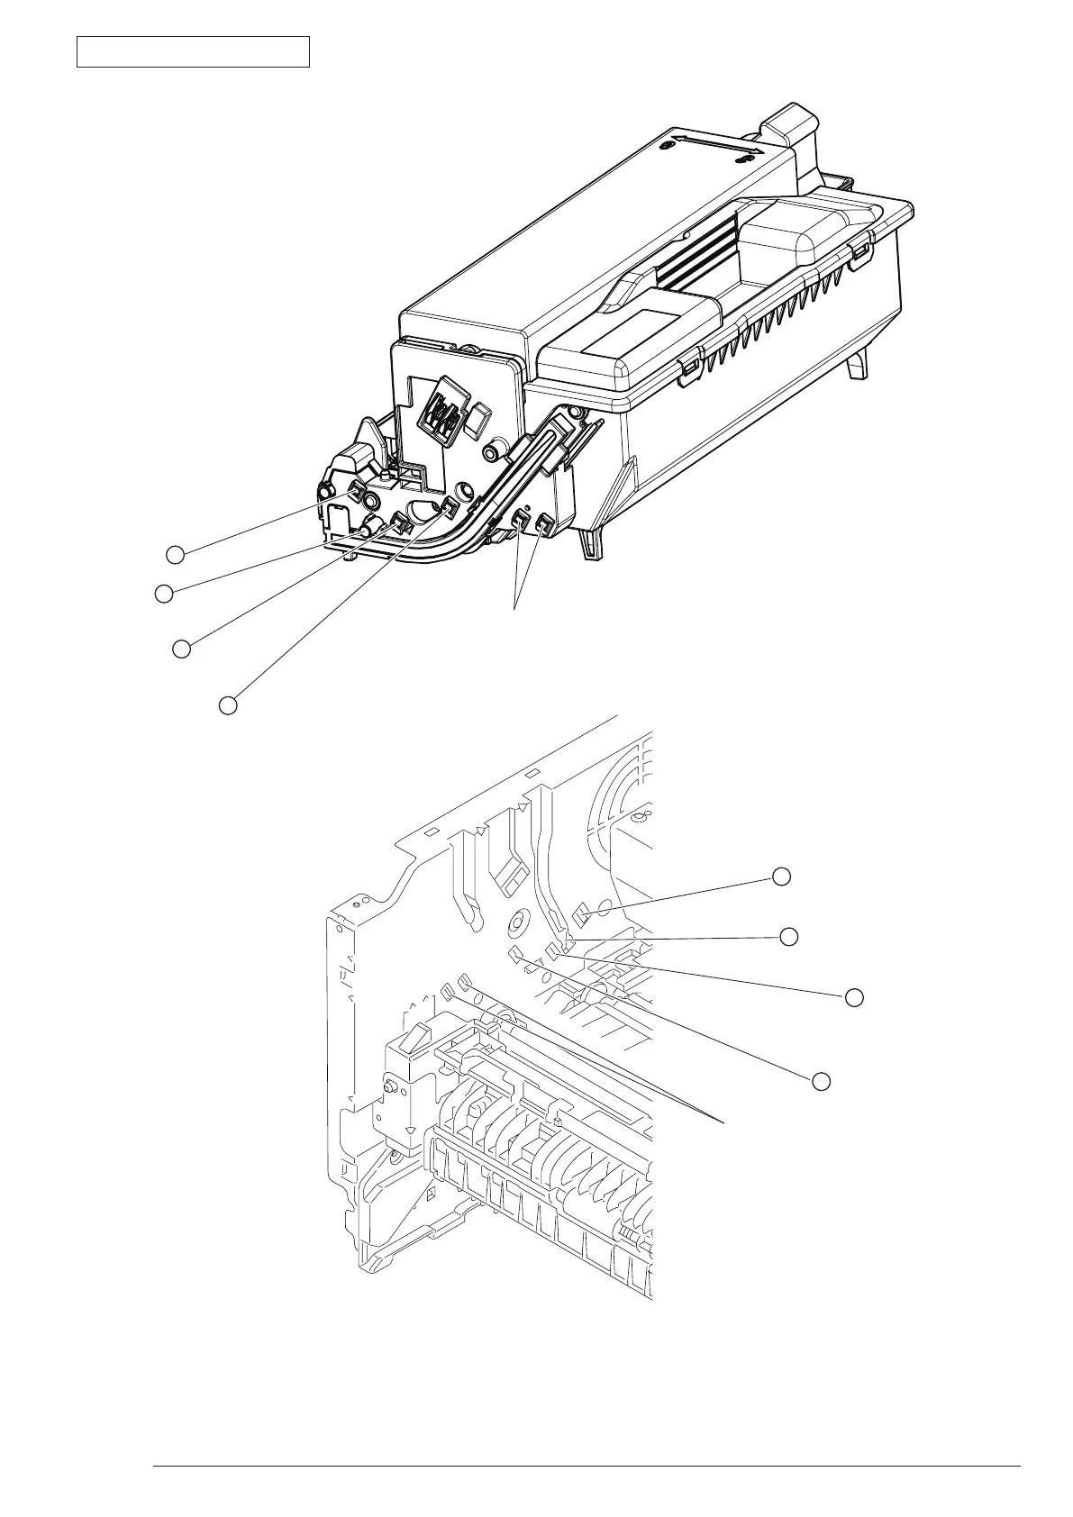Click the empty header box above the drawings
[x=193, y=51]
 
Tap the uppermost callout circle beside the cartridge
[x=176, y=554]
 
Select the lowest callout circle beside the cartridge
[x=229, y=705]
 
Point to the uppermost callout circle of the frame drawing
[x=782, y=876]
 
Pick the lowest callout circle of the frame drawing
[x=820, y=1080]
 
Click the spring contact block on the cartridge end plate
[x=444, y=416]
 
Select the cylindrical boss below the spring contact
[x=494, y=450]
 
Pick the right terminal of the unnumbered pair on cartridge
[x=542, y=525]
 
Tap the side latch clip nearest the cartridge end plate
[x=689, y=368]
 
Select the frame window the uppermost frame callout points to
[x=581, y=916]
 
